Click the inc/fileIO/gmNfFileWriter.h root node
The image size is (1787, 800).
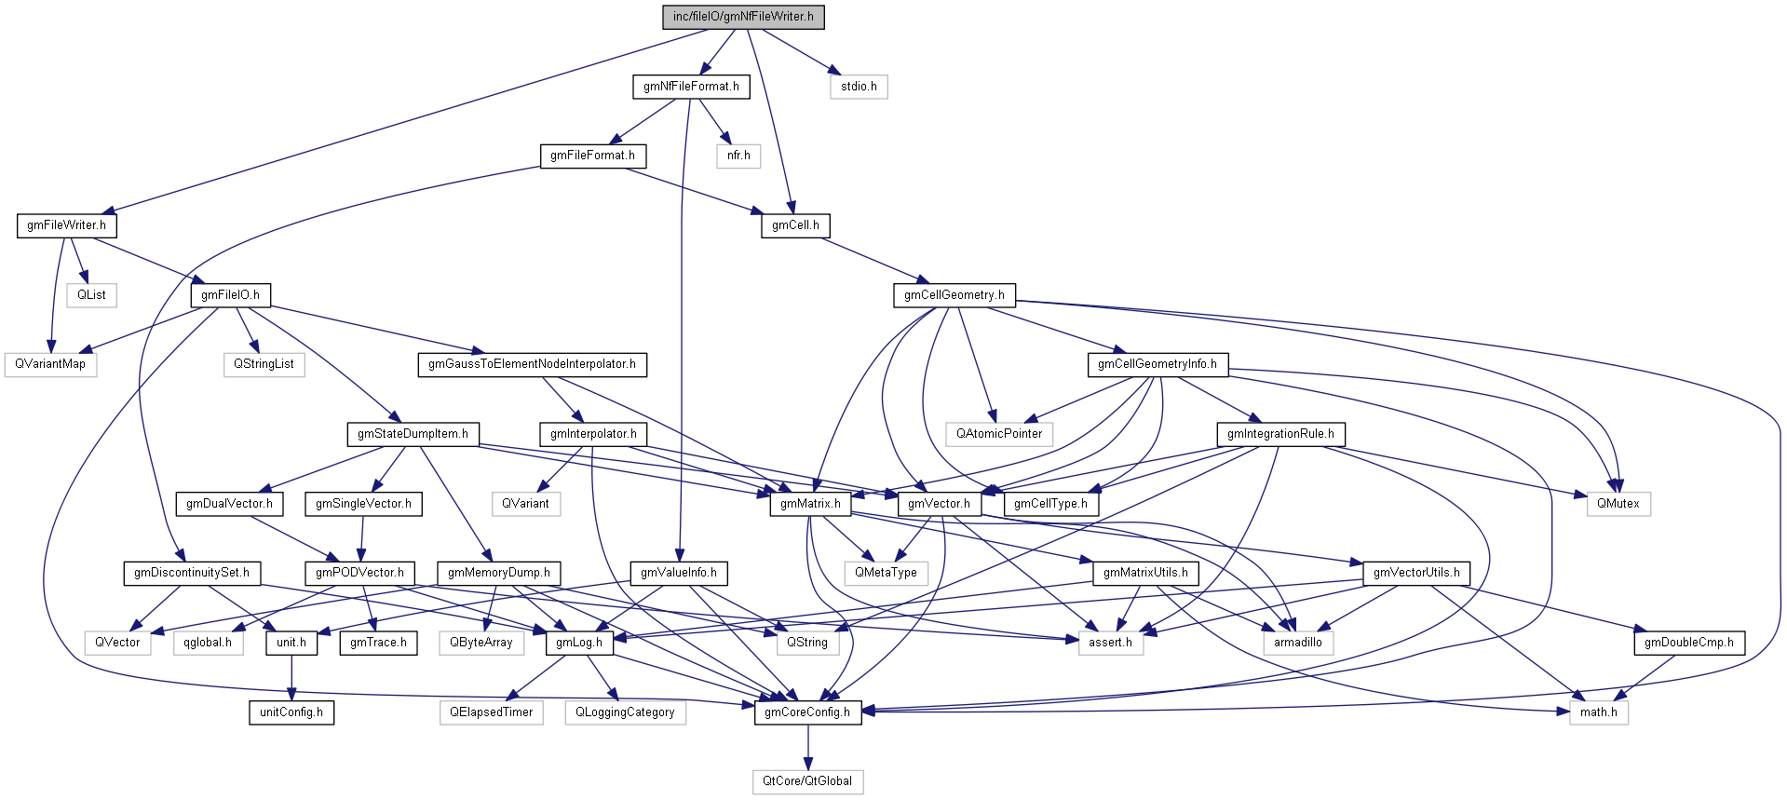point(743,17)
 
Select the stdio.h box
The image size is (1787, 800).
point(859,87)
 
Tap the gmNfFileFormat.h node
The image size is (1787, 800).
point(691,87)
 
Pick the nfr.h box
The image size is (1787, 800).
point(738,156)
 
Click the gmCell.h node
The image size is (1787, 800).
point(795,225)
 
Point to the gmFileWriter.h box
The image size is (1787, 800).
point(66,225)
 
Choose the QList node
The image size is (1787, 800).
point(91,295)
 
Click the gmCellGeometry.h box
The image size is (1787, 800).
point(954,295)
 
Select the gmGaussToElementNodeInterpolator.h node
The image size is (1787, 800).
point(532,364)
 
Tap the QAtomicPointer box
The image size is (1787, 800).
point(999,434)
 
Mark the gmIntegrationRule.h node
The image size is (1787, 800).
point(1280,434)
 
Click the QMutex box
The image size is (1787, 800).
point(1618,504)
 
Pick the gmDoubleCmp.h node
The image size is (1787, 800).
point(1689,643)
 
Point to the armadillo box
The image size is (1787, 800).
point(1298,643)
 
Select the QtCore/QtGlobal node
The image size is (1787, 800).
point(807,781)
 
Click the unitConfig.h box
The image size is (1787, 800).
point(291,712)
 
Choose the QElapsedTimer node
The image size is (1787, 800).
point(492,712)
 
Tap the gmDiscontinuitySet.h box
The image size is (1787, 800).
point(192,573)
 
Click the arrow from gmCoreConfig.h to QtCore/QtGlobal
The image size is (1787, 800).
point(808,747)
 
